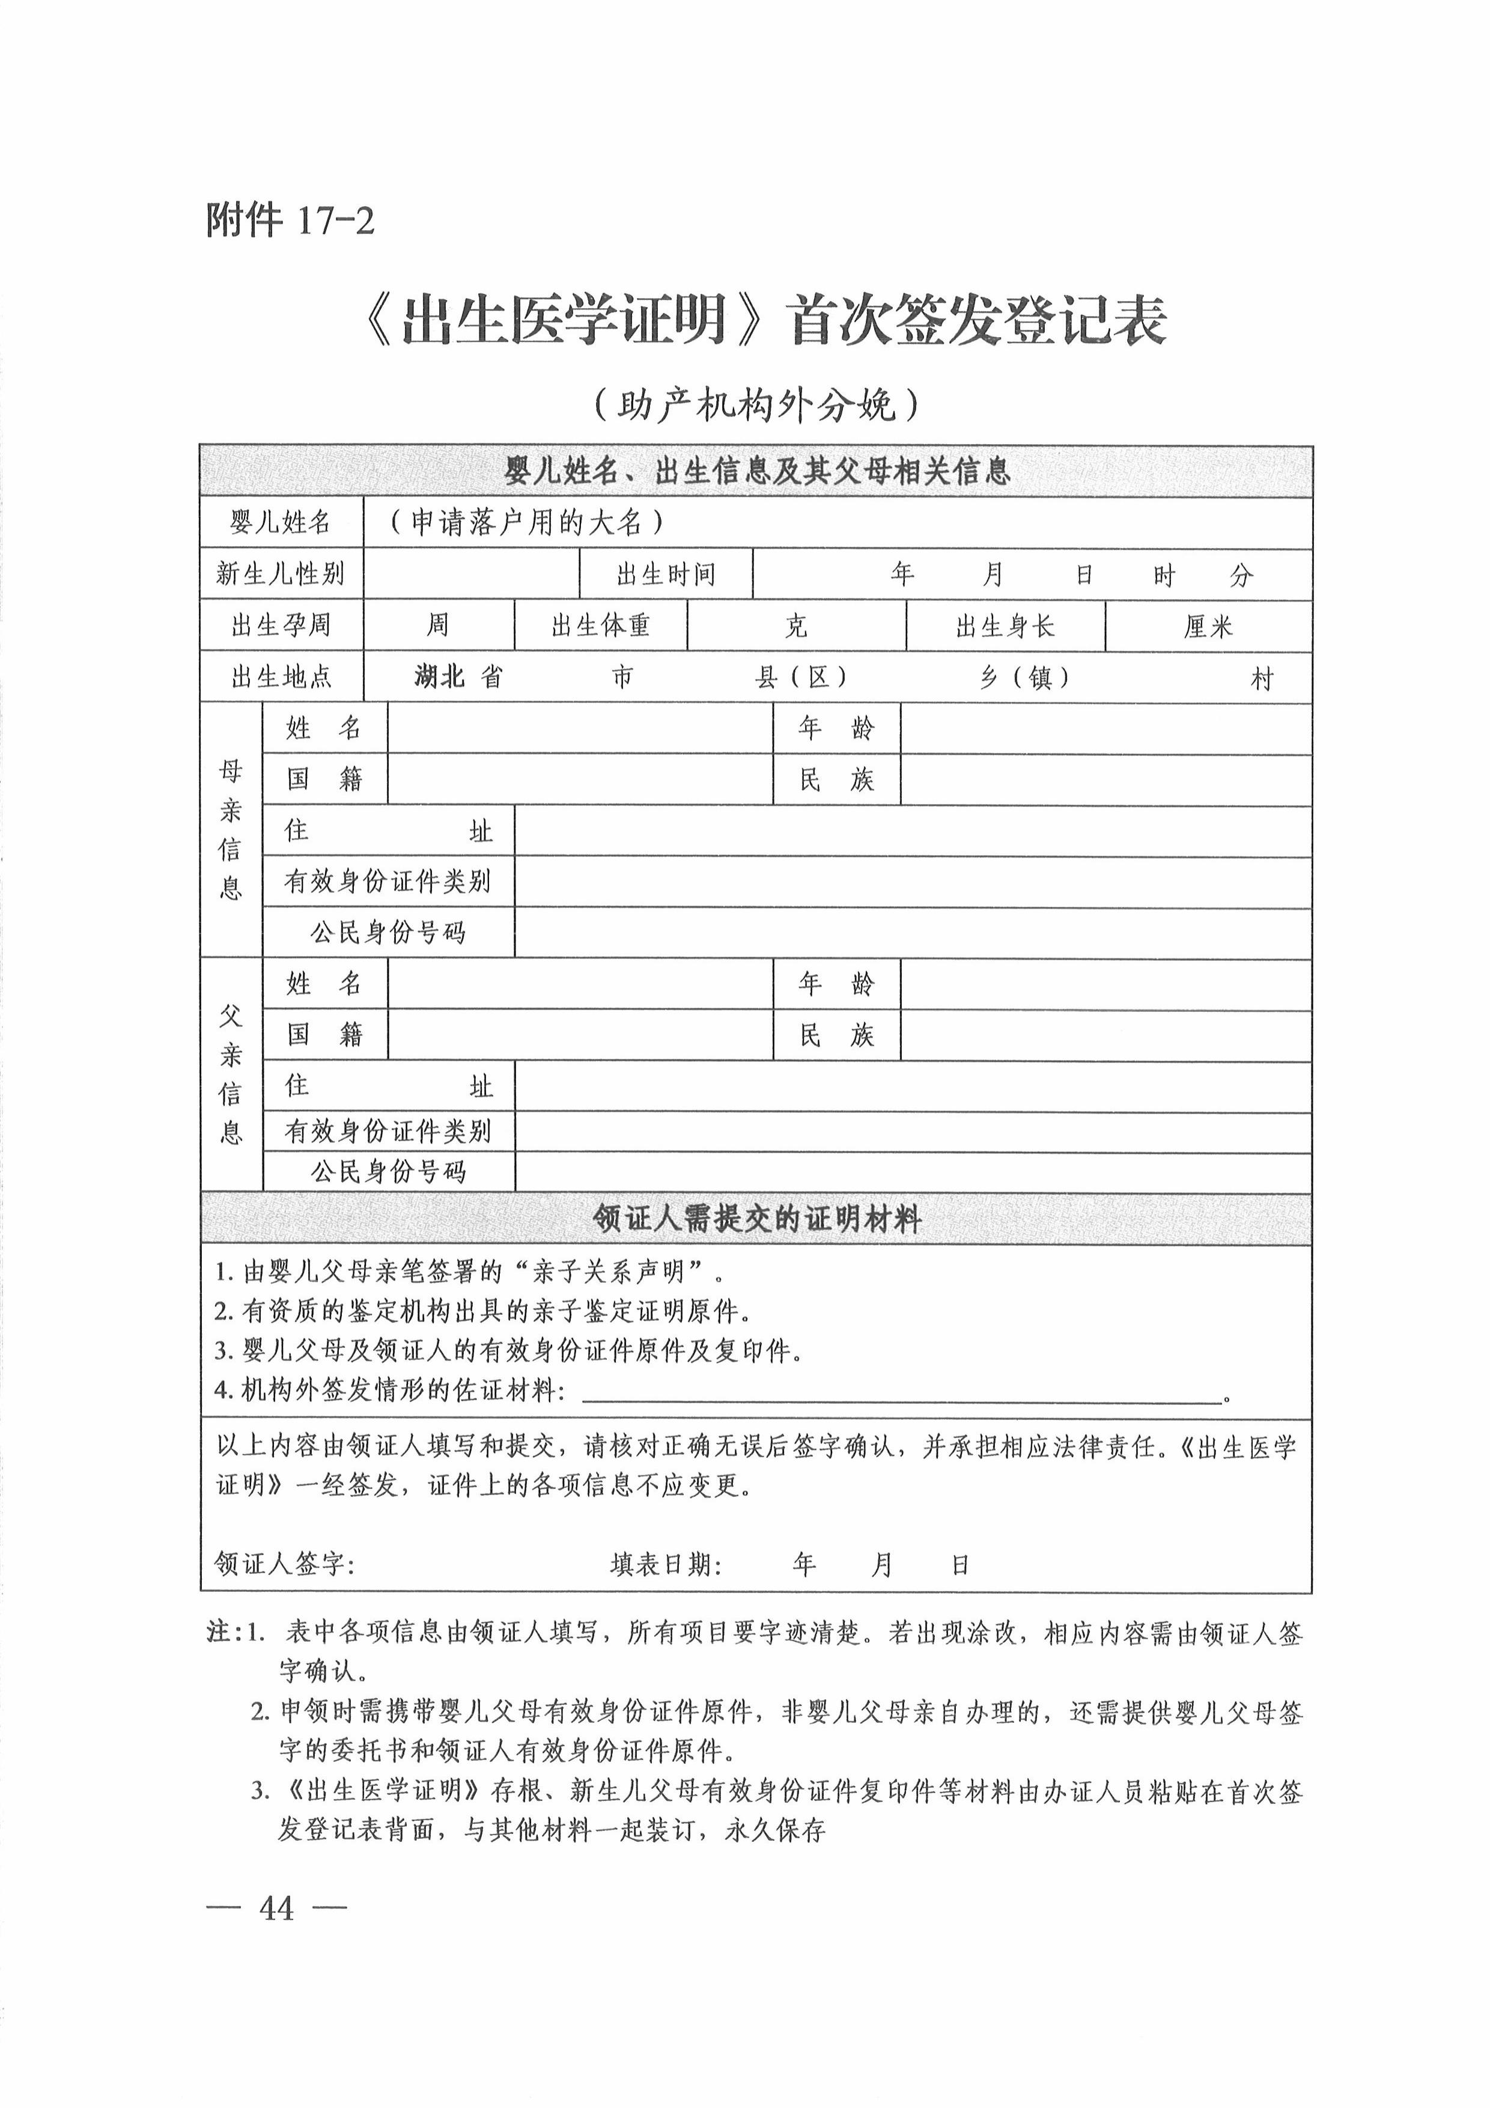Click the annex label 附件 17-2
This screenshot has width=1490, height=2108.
[x=290, y=221]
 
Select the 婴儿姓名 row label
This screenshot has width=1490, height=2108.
[x=281, y=523]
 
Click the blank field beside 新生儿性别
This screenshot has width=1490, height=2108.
[x=471, y=574]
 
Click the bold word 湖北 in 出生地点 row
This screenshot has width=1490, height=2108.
[x=439, y=678]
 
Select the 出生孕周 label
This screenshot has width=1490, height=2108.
[x=281, y=626]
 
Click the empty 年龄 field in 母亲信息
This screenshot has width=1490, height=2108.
[x=1105, y=729]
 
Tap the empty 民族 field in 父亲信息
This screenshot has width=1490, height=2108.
[x=1105, y=1035]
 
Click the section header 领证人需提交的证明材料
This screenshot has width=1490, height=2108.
[x=756, y=1219]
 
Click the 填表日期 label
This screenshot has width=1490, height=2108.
[x=666, y=1564]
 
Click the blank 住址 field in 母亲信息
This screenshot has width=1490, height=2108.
[x=913, y=832]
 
